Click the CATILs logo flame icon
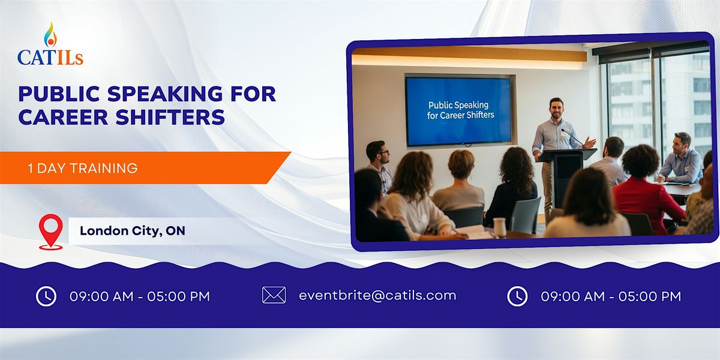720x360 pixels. [x=50, y=35]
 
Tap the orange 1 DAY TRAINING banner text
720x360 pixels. [x=83, y=168]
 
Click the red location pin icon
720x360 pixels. [x=50, y=231]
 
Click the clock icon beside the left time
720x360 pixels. [x=46, y=296]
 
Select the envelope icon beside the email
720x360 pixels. [x=274, y=295]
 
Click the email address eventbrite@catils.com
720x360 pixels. [x=377, y=295]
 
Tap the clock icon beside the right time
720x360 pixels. [x=517, y=296]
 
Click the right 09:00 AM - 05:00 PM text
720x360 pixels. [x=611, y=296]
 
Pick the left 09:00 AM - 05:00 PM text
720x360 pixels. [x=140, y=296]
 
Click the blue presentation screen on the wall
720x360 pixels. [x=458, y=110]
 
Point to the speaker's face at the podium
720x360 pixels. [x=557, y=109]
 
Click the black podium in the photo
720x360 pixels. [x=565, y=177]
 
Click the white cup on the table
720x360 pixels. [x=499, y=227]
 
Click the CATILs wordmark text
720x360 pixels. [x=50, y=58]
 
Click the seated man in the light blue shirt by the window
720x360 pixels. [x=682, y=159]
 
